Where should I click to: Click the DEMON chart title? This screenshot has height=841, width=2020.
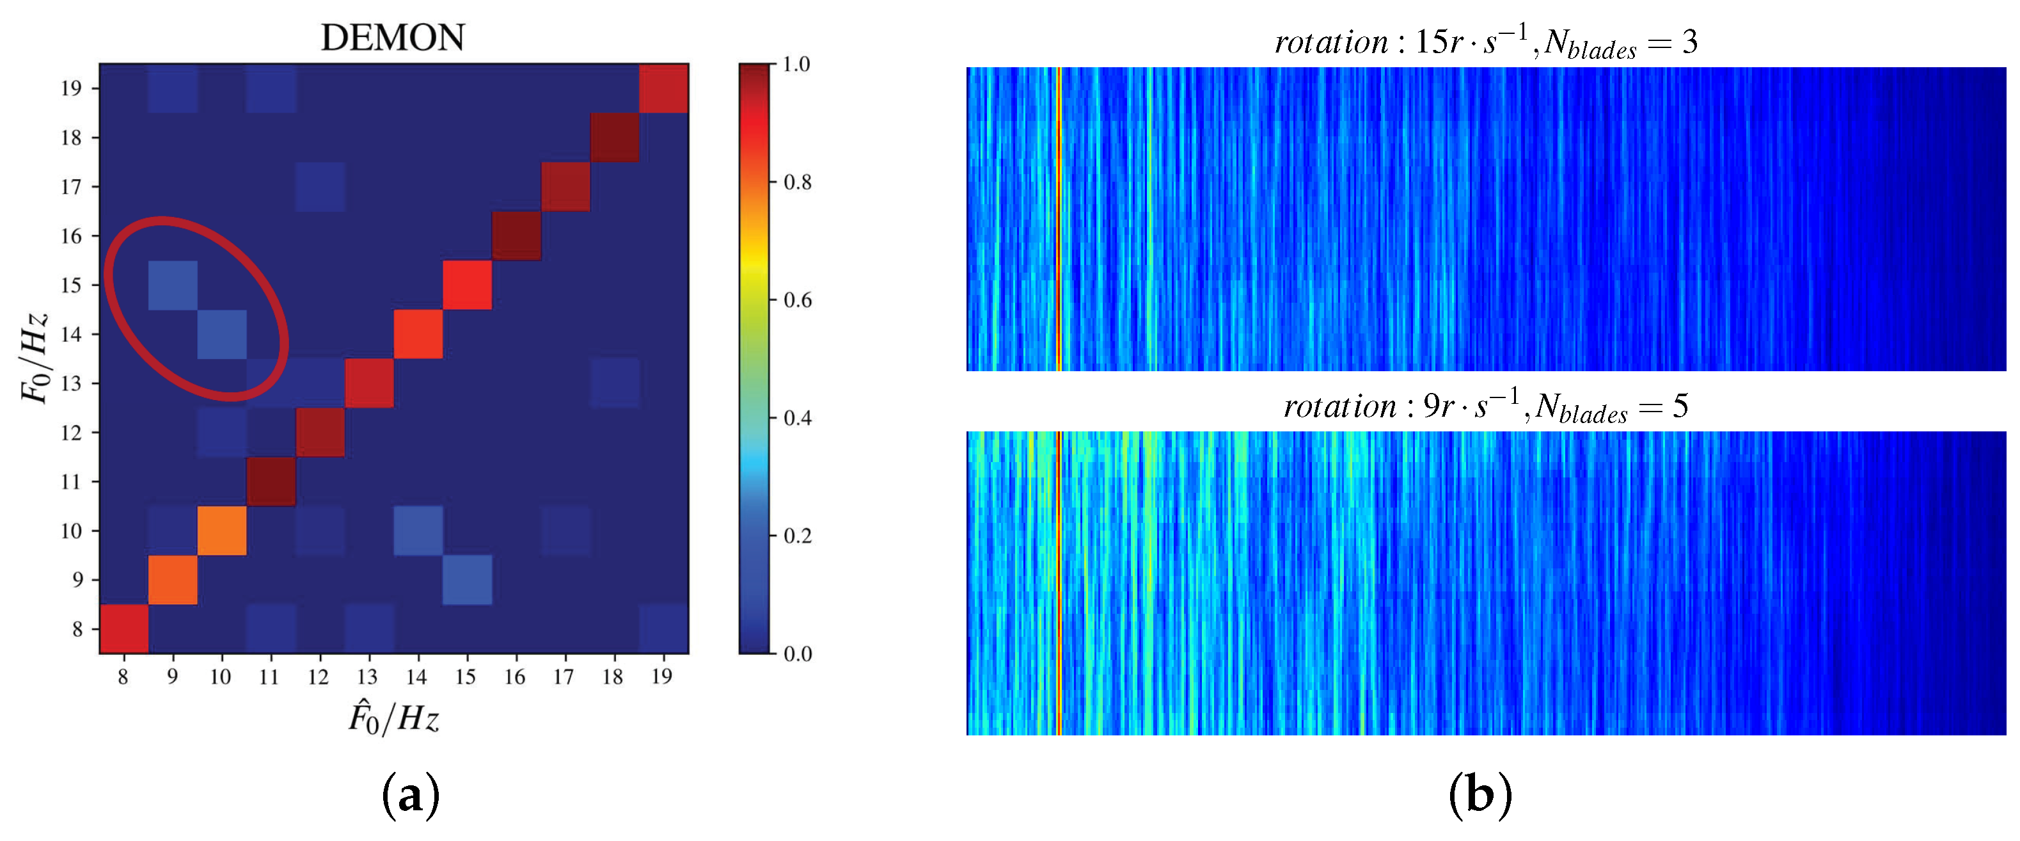(x=393, y=38)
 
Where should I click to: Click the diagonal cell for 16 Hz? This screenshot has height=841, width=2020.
(x=516, y=236)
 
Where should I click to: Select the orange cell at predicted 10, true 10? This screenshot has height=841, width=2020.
(x=222, y=531)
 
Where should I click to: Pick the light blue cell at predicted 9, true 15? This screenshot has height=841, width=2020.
(x=173, y=285)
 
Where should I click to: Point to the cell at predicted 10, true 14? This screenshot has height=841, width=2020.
(x=222, y=334)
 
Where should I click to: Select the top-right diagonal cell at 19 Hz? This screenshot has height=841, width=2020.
(x=663, y=88)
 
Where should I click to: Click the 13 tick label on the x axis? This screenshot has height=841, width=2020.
(x=367, y=677)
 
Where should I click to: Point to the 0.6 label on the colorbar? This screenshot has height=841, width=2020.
(x=798, y=300)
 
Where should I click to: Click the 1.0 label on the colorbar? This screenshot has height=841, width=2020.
(x=797, y=65)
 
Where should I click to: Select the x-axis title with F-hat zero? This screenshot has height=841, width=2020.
(x=393, y=717)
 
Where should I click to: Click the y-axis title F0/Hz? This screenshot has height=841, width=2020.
(x=35, y=358)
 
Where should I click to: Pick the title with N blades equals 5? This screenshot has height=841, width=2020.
(x=1485, y=406)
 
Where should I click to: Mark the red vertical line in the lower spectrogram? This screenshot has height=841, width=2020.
(x=1059, y=582)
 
